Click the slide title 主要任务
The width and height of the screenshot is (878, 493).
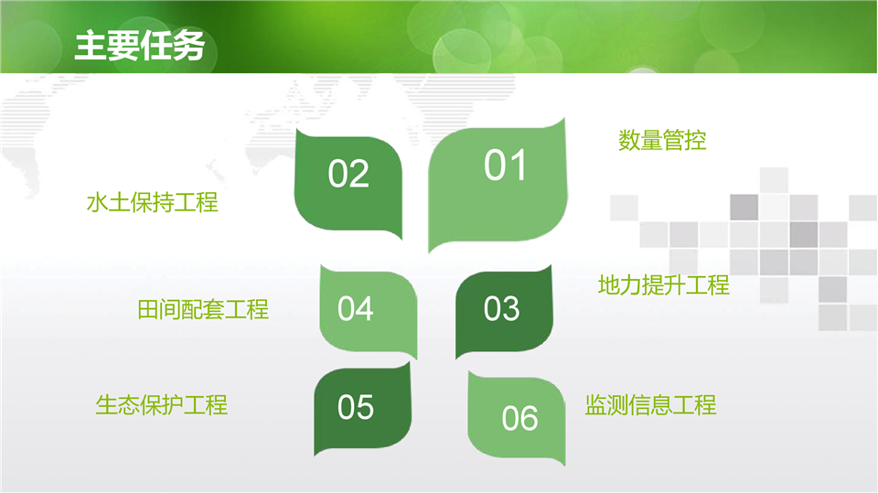139,46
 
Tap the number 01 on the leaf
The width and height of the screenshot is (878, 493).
505,166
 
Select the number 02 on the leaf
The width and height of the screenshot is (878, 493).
348,173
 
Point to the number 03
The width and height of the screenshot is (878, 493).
502,308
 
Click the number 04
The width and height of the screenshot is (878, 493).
355,308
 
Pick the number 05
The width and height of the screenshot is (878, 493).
355,407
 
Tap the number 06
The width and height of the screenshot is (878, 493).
519,418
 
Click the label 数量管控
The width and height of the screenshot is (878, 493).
662,140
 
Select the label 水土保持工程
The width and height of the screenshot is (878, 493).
153,202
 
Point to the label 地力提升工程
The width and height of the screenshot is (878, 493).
664,285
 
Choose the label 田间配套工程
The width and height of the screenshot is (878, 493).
203,309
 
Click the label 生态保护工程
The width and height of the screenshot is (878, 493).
161,405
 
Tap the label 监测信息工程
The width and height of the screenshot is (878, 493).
650,405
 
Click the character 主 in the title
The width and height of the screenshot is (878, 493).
91,46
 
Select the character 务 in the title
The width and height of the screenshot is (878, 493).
188,46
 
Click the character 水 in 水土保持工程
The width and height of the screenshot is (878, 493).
98,202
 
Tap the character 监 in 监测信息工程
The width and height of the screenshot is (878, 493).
595,405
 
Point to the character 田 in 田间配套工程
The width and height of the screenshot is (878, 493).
148,309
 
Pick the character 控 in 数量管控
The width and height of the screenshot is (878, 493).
695,140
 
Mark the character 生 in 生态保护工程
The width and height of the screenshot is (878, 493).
106,405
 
